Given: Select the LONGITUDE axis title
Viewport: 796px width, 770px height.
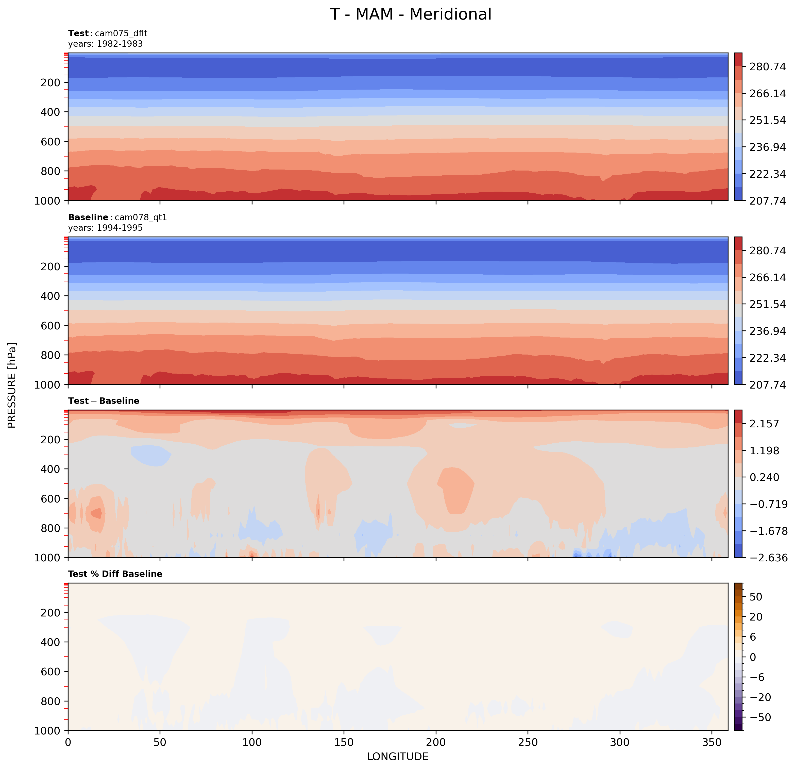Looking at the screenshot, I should (398, 757).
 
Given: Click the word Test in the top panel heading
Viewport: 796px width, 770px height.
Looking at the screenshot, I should (78, 33).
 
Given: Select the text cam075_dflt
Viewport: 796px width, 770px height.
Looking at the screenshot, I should (121, 33).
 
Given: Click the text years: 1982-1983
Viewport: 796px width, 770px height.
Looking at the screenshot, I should (106, 44).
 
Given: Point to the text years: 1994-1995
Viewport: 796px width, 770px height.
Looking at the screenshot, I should (106, 228).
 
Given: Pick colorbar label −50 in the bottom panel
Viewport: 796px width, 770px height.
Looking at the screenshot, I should (760, 718).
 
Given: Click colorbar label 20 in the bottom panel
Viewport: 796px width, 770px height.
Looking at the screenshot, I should (756, 617).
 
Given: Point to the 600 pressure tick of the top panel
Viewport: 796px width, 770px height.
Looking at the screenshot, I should (50, 142).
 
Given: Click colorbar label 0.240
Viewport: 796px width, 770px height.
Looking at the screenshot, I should (764, 477).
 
